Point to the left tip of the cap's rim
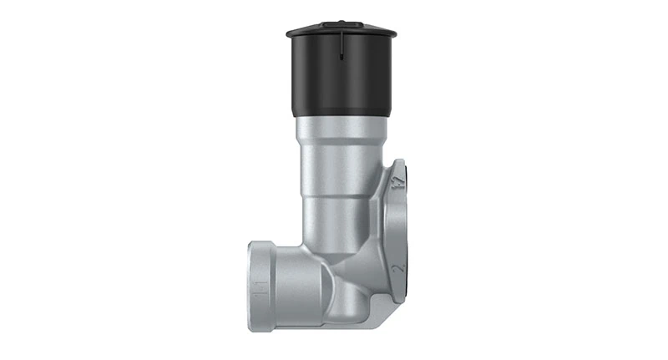(x=286, y=34)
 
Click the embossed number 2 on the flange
(x=402, y=268)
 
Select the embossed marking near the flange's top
(x=400, y=180)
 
